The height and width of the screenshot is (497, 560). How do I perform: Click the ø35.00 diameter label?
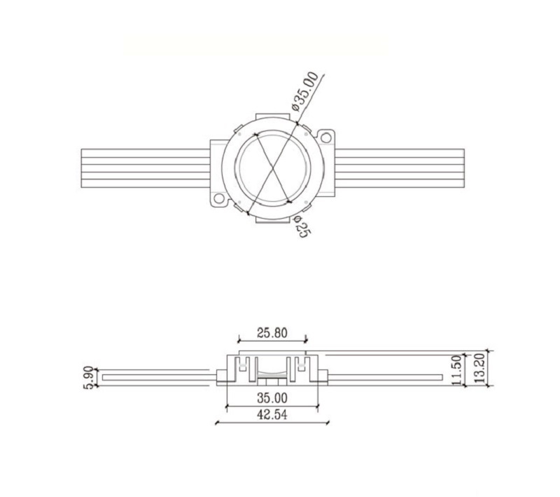[x=305, y=92]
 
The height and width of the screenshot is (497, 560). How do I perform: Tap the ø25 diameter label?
[x=301, y=227]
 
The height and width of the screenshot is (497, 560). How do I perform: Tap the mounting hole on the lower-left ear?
[x=220, y=199]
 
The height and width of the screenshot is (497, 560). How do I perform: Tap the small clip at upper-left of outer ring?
[x=238, y=130]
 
